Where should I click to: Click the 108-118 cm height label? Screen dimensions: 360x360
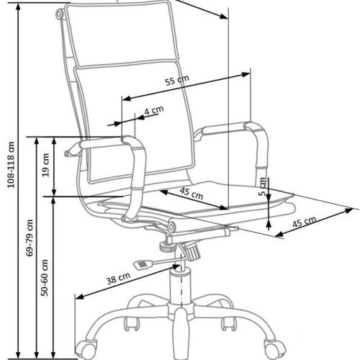coord(12,165)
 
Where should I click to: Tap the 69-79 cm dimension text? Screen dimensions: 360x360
coord(30,238)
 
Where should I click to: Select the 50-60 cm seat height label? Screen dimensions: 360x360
coord(45,278)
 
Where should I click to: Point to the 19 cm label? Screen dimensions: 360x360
coord(45,165)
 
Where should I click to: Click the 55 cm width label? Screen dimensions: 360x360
coord(177,80)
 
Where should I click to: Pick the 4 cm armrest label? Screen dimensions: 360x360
coord(154,110)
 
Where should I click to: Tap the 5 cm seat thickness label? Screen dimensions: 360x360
coord(262,186)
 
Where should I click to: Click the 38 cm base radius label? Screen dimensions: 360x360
coord(118,279)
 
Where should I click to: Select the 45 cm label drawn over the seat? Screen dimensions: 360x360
coord(192,193)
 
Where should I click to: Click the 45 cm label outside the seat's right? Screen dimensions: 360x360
coord(304,222)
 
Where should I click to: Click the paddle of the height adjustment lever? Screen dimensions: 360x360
coord(143,264)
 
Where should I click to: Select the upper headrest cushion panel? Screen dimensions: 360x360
coord(123,34)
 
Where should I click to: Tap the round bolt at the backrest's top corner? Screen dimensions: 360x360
coord(59,14)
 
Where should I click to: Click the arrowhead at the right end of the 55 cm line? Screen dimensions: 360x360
coord(246,74)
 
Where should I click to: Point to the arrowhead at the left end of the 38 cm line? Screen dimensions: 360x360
coord(80,297)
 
